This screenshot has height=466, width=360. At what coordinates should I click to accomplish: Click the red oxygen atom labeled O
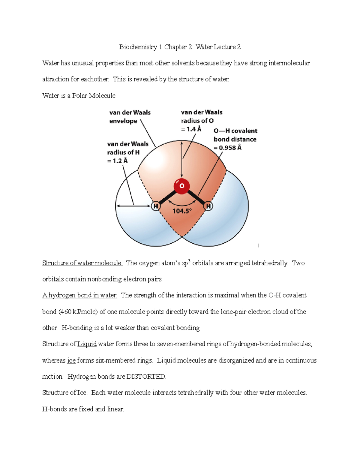181,186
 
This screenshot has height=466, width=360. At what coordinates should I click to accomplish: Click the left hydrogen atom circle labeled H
156,206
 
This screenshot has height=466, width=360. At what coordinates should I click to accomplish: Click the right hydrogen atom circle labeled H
208,206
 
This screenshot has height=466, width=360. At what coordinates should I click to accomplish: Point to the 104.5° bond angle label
182,211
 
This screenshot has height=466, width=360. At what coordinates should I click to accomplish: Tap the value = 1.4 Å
191,129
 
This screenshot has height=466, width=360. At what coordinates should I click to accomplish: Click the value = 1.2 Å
117,161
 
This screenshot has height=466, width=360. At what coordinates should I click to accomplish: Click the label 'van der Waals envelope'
130,117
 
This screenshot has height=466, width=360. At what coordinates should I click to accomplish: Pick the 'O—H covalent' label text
235,131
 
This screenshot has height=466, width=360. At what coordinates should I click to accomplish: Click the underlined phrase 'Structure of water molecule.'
82,263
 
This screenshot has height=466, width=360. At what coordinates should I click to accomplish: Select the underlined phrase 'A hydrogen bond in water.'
79,295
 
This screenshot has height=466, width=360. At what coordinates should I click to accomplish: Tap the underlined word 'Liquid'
87,344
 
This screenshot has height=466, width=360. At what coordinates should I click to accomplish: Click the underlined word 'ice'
71,360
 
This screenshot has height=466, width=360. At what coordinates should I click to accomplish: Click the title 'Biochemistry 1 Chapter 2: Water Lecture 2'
180,47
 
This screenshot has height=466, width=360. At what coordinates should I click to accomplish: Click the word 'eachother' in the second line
94,79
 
